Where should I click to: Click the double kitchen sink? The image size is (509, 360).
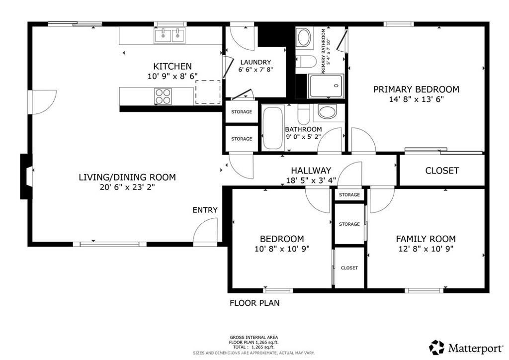[x=170, y=35]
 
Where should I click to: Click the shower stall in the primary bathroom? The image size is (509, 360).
[x=326, y=86]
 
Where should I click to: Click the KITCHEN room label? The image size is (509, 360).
[x=172, y=66]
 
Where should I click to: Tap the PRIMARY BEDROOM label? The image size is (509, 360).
[x=416, y=90]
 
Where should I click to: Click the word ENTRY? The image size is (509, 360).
[x=205, y=210]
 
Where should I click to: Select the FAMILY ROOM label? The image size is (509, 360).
[x=425, y=239]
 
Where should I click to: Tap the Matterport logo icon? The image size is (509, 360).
[x=437, y=347]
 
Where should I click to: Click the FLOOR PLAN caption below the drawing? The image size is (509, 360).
[x=254, y=303]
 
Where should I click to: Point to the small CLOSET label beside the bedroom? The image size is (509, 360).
[x=349, y=268]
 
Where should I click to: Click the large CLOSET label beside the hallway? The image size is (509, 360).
[x=442, y=171]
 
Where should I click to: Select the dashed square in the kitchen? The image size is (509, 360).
[x=208, y=91]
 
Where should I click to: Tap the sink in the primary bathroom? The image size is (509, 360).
[x=304, y=37]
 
